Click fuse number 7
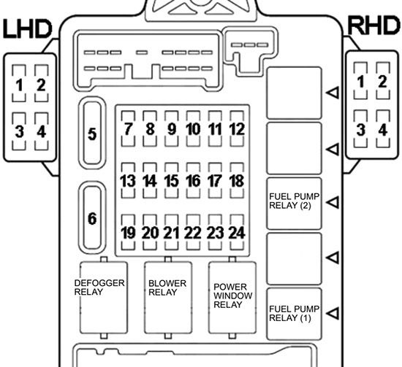[x=128, y=128]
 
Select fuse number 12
[x=237, y=128]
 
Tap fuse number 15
[x=172, y=181]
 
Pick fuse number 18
[x=237, y=181]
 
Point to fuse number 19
[x=128, y=232]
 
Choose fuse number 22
[x=193, y=232]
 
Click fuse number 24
[x=237, y=232]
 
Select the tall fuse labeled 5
[x=92, y=133]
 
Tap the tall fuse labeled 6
[x=92, y=218]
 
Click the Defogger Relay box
[x=104, y=298]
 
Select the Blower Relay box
[x=168, y=298]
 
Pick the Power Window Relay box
[x=232, y=298]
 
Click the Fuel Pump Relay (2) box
[x=294, y=204]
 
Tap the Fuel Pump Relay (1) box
[x=294, y=314]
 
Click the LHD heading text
[x=28, y=28]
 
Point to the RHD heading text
[x=374, y=26]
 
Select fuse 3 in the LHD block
[x=19, y=131]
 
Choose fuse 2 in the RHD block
[x=383, y=81]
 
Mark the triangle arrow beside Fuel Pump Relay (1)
[x=333, y=313]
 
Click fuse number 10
[x=193, y=128]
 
